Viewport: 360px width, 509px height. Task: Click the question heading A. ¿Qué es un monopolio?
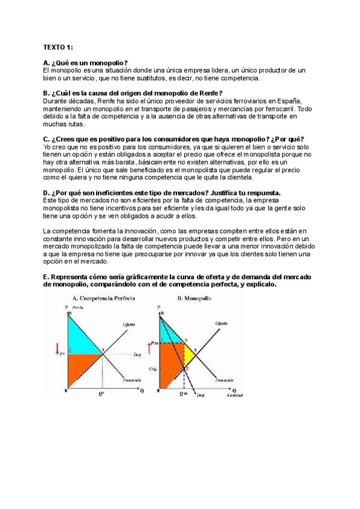[86, 63]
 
